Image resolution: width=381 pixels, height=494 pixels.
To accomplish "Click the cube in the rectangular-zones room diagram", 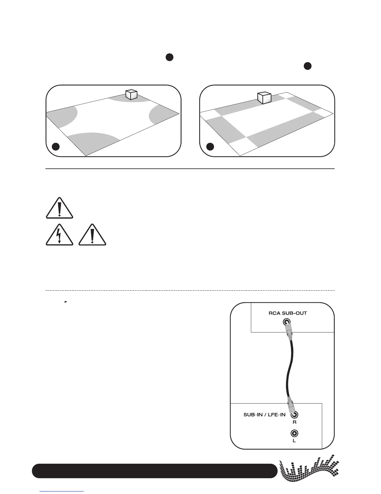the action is pyautogui.click(x=264, y=98).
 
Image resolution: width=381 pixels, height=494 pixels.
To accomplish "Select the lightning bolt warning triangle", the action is pyautogui.click(x=59, y=235).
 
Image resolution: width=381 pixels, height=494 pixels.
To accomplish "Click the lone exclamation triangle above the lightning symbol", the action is pyautogui.click(x=59, y=208).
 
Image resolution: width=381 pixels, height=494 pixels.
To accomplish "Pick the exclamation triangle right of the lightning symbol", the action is pyautogui.click(x=92, y=235).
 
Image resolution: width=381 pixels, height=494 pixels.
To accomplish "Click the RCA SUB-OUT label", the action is pyautogui.click(x=288, y=313).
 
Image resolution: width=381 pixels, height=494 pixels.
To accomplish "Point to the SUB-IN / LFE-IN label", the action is pyautogui.click(x=264, y=415).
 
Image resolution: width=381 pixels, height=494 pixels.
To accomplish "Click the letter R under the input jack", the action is pyautogui.click(x=294, y=422).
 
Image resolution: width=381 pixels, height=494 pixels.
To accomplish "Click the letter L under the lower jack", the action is pyautogui.click(x=294, y=441).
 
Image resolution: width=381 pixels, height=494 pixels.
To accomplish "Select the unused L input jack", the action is pyautogui.click(x=294, y=433).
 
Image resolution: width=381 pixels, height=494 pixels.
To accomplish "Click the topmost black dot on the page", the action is pyautogui.click(x=169, y=57).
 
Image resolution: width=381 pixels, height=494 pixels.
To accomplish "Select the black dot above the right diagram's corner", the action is pyautogui.click(x=308, y=66).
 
